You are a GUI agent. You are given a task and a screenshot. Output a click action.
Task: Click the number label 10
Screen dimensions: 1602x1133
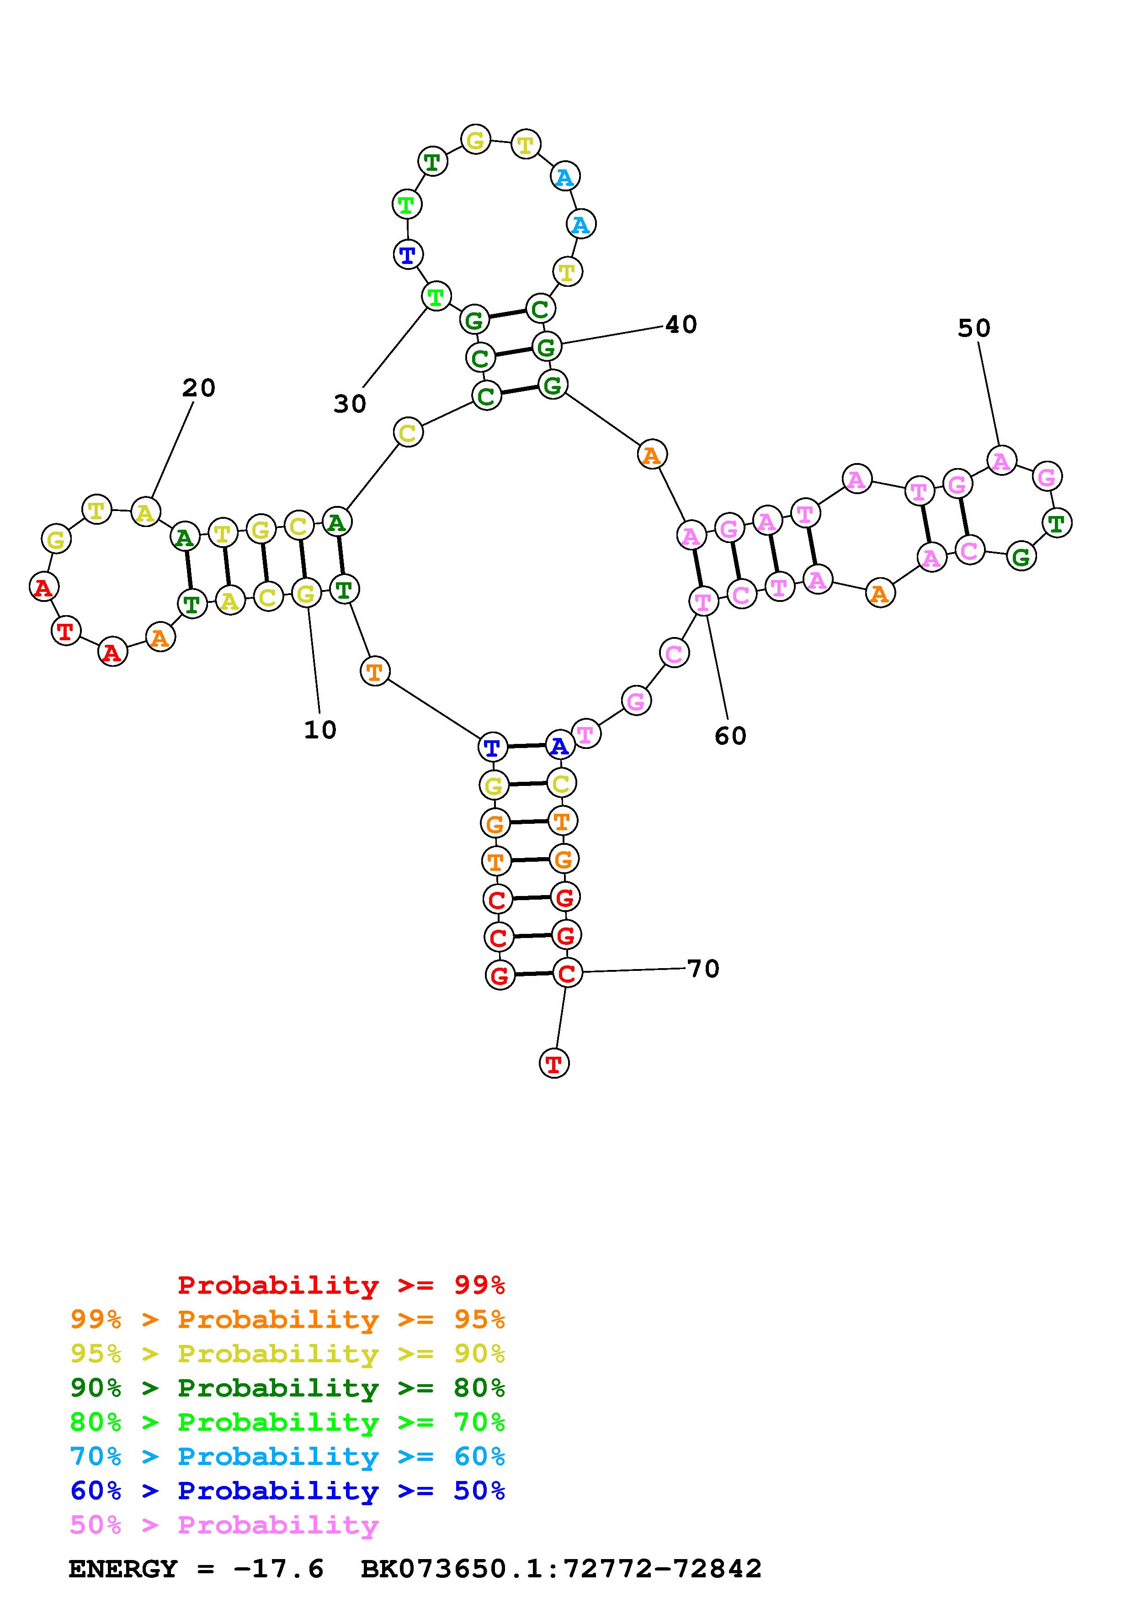(x=320, y=730)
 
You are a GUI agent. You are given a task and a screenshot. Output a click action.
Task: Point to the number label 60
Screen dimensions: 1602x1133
(x=730, y=735)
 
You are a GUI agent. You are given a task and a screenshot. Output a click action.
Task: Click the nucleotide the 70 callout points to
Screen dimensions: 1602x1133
(x=567, y=973)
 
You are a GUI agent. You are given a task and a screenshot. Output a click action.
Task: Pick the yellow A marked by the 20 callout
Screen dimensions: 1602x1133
(x=145, y=513)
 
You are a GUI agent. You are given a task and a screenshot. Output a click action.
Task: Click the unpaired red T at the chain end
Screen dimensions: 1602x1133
(x=554, y=1064)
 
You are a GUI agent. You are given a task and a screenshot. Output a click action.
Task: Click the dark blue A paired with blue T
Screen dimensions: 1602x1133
(x=559, y=746)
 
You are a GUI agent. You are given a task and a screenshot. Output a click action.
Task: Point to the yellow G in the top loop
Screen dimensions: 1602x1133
(x=475, y=140)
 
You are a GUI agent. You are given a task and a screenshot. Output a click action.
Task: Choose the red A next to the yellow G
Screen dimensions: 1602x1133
(x=43, y=587)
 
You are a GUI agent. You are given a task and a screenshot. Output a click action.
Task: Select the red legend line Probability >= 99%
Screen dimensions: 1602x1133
(x=341, y=1285)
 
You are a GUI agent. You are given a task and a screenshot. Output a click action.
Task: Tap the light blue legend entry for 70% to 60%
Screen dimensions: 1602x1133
(x=287, y=1457)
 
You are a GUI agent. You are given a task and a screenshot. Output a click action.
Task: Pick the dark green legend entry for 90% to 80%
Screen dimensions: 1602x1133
(x=287, y=1388)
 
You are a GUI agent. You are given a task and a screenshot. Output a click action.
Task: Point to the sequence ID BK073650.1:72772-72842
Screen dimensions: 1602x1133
(x=561, y=1569)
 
